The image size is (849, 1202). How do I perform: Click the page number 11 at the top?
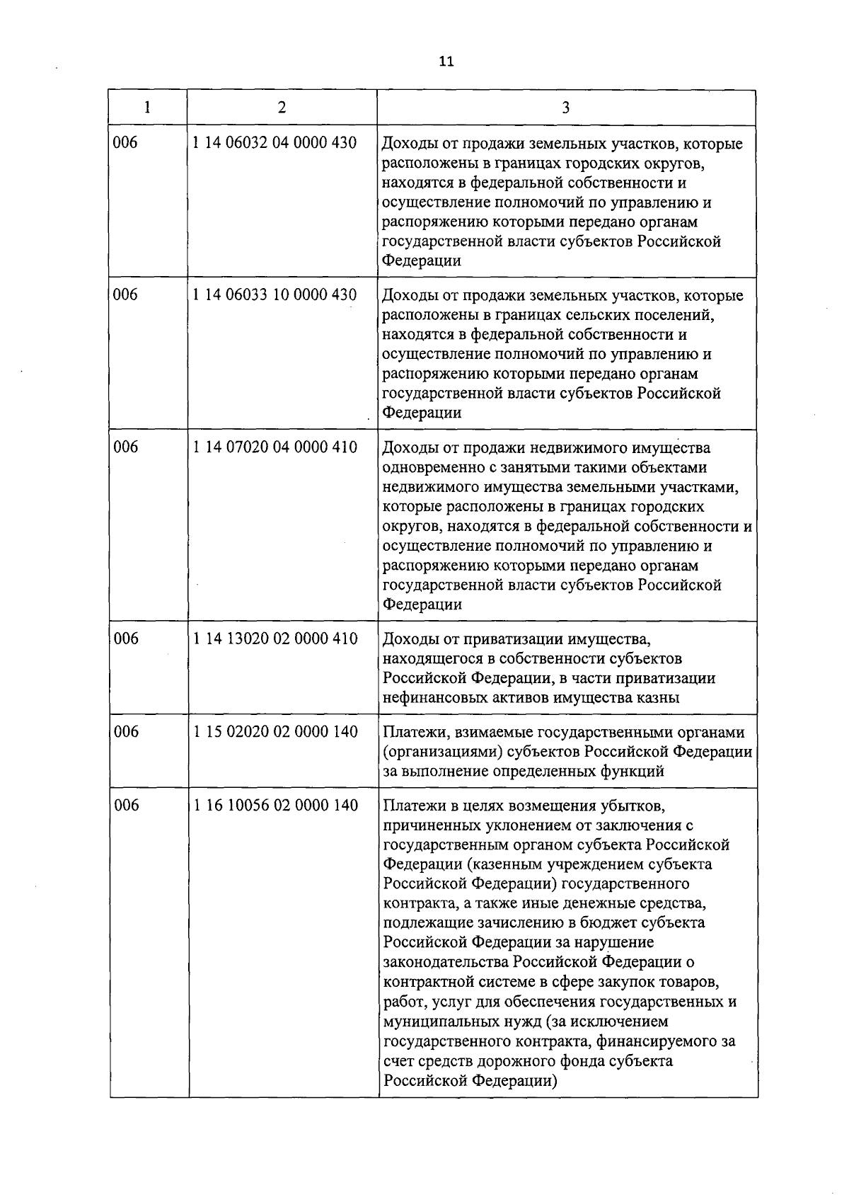pyautogui.click(x=446, y=62)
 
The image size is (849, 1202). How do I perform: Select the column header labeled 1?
pyautogui.click(x=147, y=108)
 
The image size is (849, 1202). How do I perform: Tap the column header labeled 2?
pyautogui.click(x=282, y=108)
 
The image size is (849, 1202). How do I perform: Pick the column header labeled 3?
pyautogui.click(x=566, y=108)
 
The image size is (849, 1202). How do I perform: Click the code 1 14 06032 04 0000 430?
pyautogui.click(x=275, y=143)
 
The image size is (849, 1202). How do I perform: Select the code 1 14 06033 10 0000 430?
pyautogui.click(x=275, y=294)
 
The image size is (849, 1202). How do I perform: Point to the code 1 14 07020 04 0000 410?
pyautogui.click(x=275, y=447)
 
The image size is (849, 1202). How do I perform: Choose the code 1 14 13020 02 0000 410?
pyautogui.click(x=275, y=639)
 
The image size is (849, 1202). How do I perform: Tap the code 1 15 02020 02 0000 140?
pyautogui.click(x=275, y=732)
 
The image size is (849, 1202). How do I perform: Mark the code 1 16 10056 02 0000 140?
pyautogui.click(x=275, y=806)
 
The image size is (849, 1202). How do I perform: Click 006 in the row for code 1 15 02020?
pyautogui.click(x=127, y=732)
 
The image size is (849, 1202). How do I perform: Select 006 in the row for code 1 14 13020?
pyautogui.click(x=127, y=639)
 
